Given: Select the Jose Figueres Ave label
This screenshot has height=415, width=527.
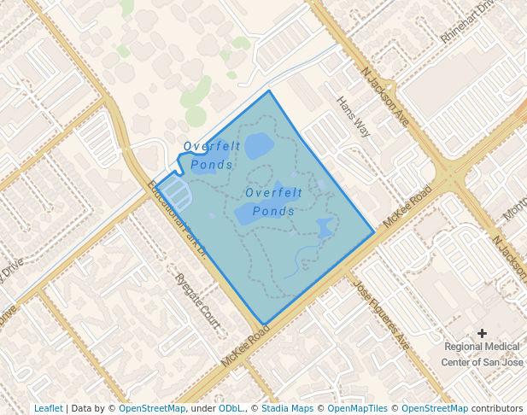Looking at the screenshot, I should point(381,315).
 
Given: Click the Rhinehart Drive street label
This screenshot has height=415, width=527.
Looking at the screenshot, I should point(468,22).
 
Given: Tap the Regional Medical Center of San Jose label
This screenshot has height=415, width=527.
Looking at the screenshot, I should point(482,354).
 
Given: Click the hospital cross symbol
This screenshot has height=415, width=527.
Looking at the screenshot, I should point(482,333).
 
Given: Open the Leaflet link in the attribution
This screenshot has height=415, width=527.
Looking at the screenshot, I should point(48,408).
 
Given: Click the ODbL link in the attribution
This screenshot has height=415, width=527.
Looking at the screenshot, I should point(231,408).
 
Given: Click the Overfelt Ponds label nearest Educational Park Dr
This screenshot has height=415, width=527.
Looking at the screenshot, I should point(211,155).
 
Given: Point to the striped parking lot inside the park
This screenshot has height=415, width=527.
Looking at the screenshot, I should point(173,190).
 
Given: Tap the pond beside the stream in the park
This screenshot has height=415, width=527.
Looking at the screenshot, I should point(325,228).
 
